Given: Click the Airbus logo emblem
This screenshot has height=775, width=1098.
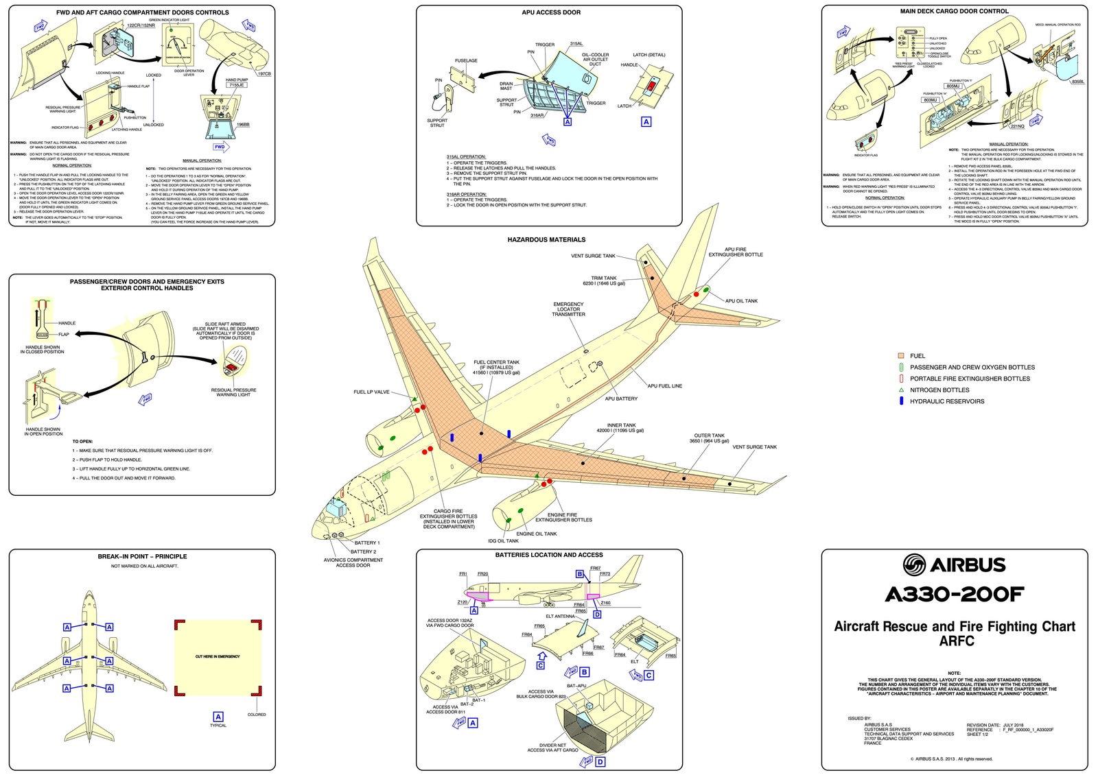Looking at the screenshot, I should click(x=914, y=565).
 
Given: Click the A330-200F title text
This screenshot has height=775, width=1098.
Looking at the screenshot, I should click(x=954, y=595).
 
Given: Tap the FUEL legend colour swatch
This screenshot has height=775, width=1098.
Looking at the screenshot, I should click(x=900, y=356).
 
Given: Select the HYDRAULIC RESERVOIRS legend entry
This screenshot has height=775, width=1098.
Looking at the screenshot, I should click(x=946, y=401).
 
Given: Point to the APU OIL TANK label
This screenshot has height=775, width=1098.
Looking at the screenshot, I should click(x=741, y=301).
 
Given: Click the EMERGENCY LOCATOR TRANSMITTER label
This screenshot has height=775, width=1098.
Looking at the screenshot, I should click(x=568, y=309).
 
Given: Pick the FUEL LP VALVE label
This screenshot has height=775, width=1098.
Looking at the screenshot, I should click(x=371, y=392).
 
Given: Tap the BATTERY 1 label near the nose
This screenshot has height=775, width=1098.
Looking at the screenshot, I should click(x=367, y=542).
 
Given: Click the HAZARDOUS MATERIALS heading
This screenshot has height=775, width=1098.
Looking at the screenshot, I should click(x=546, y=240).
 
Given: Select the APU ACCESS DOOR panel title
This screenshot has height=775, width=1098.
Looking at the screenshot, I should click(x=551, y=12).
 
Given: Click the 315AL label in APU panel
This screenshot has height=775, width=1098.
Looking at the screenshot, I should click(x=576, y=44).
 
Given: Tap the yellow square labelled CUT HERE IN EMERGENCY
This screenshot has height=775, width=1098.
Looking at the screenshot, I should click(x=218, y=656).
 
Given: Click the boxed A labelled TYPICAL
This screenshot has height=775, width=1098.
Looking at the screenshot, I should click(x=218, y=717).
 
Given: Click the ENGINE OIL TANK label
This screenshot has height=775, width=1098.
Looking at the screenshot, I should click(x=537, y=534).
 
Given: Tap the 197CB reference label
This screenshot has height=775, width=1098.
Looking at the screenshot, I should click(x=264, y=73).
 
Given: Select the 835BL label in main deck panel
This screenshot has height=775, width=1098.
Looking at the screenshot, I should click(x=1077, y=82).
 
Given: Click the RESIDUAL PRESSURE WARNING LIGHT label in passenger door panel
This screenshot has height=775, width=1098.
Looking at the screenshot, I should click(x=233, y=392).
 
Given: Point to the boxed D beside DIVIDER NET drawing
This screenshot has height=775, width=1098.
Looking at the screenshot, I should click(x=600, y=762).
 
